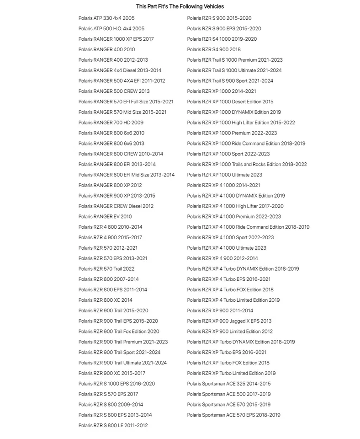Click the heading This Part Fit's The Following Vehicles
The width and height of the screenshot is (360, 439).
pos(180,6)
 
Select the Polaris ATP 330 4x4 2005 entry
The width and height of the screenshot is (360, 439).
pos(106,18)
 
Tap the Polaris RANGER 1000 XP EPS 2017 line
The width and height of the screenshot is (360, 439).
pos(116,39)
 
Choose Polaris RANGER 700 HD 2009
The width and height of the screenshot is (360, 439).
pos(111,123)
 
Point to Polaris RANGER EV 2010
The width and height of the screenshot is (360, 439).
pos(105,217)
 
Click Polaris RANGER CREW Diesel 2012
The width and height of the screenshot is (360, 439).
pos(116,206)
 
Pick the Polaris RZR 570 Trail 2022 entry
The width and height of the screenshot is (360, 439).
pos(106,269)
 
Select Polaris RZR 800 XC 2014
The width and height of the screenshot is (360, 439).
pos(105,300)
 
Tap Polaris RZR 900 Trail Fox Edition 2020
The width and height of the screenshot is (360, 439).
pos(119,332)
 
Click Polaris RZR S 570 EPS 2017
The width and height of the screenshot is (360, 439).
pos(108,394)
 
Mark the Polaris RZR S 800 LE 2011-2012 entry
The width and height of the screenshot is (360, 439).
pos(113,426)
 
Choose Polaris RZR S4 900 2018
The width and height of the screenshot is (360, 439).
pos(214,49)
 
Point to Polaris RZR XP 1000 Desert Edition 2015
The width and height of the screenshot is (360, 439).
pos(230,102)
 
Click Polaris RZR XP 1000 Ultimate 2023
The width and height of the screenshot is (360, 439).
pos(224,175)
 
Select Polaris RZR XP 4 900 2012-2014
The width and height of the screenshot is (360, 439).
pos(222,258)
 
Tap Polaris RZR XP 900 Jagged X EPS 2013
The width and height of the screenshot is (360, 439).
pos(229,321)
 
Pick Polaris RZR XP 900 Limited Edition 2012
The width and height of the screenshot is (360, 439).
pos(230,332)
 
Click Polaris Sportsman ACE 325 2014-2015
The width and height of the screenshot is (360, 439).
pos(228,384)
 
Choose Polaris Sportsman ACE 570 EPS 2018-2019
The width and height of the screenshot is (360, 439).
pos(233,415)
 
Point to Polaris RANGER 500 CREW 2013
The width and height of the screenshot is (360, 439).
pos(114,91)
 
